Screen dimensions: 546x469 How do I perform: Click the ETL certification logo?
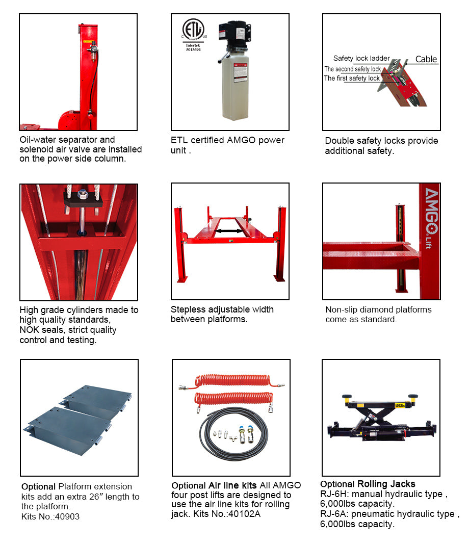(194, 32)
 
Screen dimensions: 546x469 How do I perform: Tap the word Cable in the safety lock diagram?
(426, 59)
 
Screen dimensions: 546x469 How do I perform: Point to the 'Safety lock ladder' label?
(361, 59)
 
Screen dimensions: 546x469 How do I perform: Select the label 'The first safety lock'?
(352, 79)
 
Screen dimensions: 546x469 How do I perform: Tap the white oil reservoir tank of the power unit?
(234, 87)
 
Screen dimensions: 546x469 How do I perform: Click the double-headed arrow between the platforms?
(228, 231)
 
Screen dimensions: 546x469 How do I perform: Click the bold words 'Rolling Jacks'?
(386, 484)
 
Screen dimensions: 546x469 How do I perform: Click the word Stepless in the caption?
(188, 309)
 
